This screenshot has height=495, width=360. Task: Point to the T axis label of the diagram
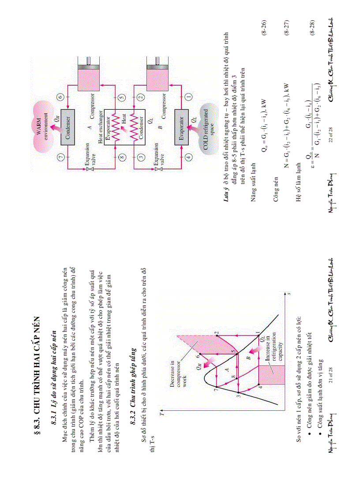[x=162, y=414]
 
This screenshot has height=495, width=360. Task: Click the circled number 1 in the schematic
[x=182, y=96]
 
